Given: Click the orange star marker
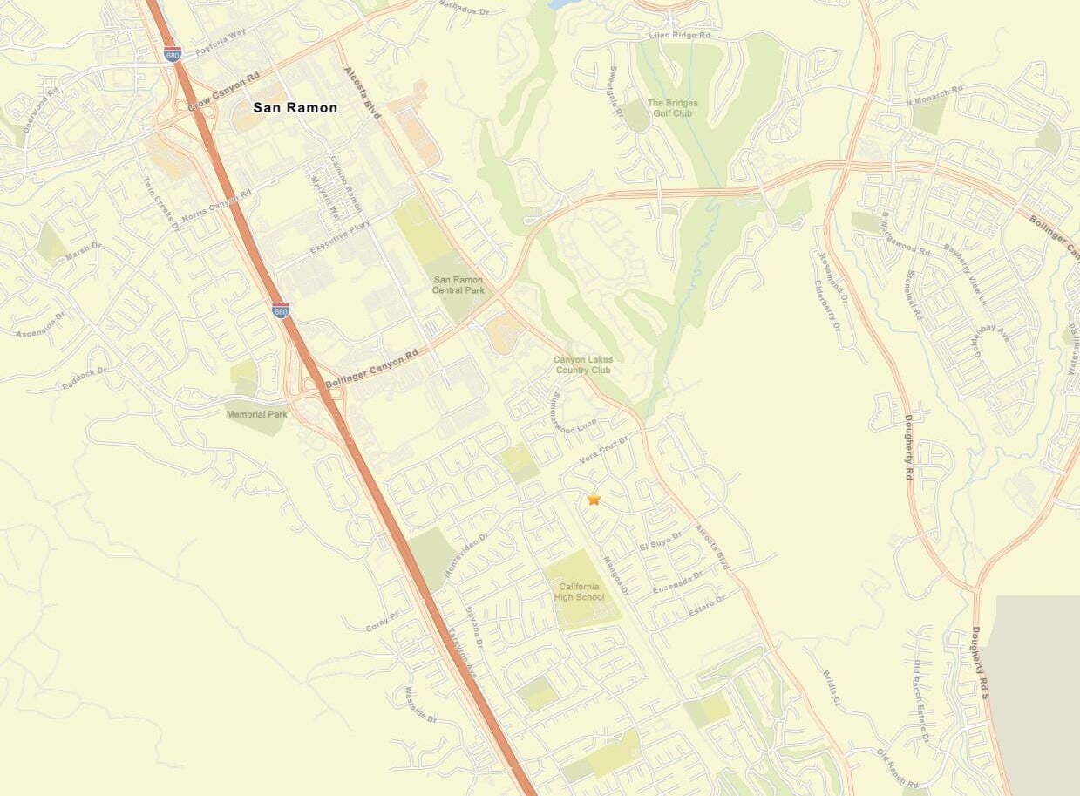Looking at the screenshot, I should coord(594,500).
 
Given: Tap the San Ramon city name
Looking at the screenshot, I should coord(295,108).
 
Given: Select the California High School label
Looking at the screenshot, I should coord(579,591).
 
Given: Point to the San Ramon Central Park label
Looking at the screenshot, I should coord(459,284).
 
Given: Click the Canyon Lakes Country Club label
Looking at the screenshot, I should coord(583,364).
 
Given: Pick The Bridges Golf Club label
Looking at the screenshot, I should coord(672,108).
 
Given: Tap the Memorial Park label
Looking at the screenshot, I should coord(256,414).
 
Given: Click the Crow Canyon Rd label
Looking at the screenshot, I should coord(223,92).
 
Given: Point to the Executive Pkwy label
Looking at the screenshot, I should coord(341,236).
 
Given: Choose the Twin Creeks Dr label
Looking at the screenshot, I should coord(161,203).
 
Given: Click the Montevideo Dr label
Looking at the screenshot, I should coord(467,554).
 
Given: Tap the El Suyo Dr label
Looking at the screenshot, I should coord(660,541).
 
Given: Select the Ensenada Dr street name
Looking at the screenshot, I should coord(677,582).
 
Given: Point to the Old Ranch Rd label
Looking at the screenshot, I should coord(897,768).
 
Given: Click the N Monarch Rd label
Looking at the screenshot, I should coord(934,95).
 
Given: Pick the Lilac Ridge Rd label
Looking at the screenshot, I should coord(680,35).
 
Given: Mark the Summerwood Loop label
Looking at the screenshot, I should coord(573,412).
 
